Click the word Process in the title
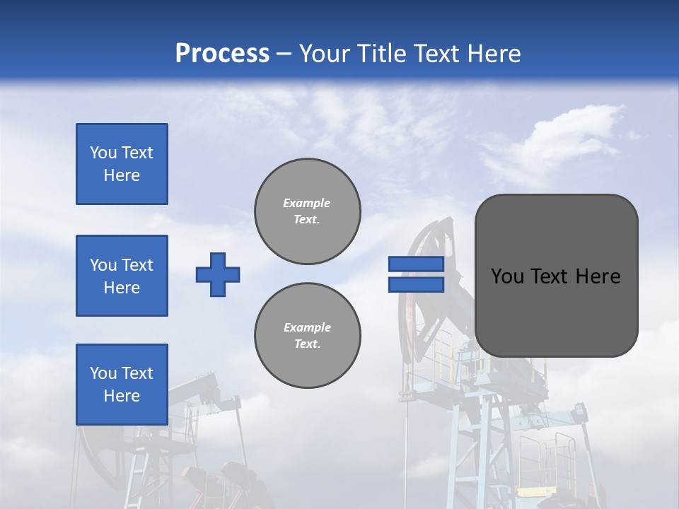[222, 54]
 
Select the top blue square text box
[122, 164]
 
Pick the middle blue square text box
[122, 276]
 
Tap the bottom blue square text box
[122, 384]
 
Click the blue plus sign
[218, 274]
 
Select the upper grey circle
[308, 211]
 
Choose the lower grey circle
[308, 335]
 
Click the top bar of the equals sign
[416, 264]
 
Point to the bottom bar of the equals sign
[416, 285]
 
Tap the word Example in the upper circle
[307, 203]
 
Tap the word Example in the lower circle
[307, 327]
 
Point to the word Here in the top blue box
[122, 175]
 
